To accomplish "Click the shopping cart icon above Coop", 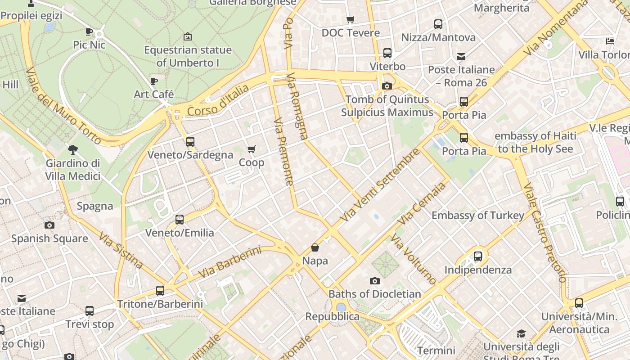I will pos(252,149).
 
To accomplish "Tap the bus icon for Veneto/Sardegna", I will pos(190,142).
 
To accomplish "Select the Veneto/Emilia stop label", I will pos(180,233).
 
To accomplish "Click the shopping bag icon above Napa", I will pos(315,247).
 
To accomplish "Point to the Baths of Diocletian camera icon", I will pos(374,281).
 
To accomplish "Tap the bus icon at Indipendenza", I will pos(478,256).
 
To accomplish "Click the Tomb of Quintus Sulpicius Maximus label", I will pos(387,106).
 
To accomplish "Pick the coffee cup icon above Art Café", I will pos(154,81).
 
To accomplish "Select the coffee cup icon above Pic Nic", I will pos(89,31).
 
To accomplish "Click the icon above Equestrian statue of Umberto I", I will pos(188,36).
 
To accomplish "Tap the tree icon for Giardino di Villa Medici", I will pos(72,150).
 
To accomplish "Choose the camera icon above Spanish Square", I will pos(49,225).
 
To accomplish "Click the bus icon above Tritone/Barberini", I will pos(160,291).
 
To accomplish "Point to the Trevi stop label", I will pos(90,324).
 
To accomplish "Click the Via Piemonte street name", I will pos(284,152).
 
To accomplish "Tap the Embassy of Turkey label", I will pos(478,216).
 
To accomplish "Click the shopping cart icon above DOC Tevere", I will pos(351,19).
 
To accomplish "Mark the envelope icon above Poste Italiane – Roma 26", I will pos(461,57).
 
